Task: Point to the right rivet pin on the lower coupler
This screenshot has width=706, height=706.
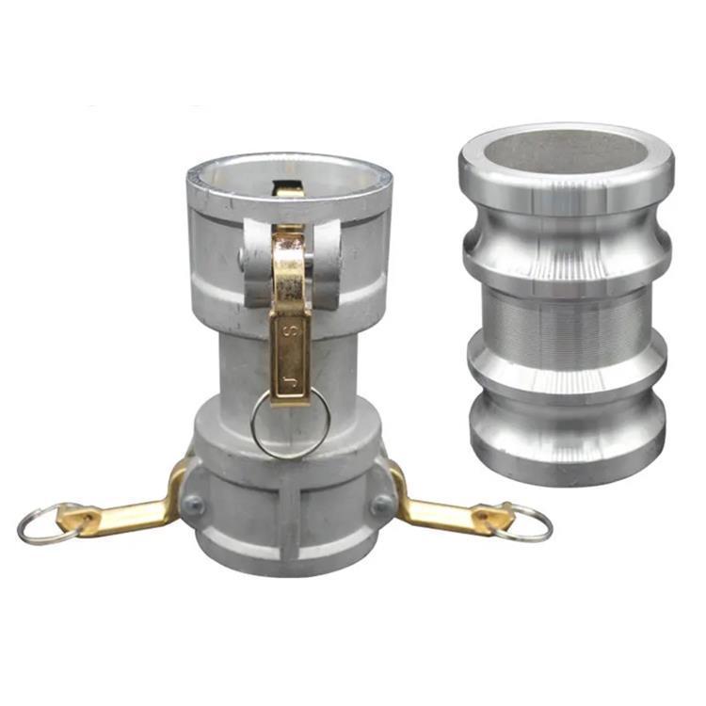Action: pos(382,505)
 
